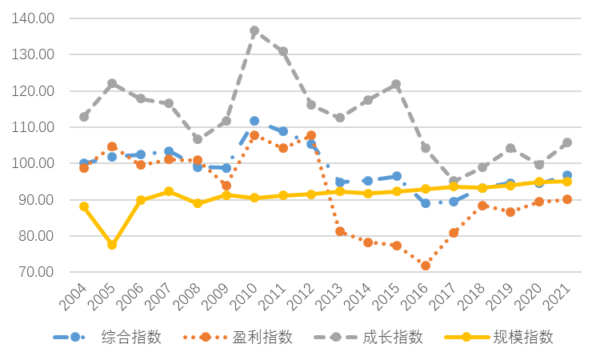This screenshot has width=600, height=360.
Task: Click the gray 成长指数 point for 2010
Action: pos(254,31)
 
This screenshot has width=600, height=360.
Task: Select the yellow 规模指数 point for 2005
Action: pos(112,245)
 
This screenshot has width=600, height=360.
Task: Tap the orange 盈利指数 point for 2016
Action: pos(426,265)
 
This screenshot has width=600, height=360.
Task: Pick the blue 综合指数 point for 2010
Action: pos(254,121)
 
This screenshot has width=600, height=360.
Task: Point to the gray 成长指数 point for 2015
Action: pos(397,84)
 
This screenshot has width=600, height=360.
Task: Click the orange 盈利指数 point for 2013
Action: pos(340,231)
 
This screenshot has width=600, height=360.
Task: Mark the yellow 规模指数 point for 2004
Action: pos(84,206)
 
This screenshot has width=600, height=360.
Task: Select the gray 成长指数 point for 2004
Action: pos(84,117)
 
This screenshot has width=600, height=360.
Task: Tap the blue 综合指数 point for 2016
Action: pos(426,203)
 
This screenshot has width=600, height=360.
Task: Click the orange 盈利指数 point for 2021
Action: pos(567,199)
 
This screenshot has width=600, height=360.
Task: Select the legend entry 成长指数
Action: pos(392,337)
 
